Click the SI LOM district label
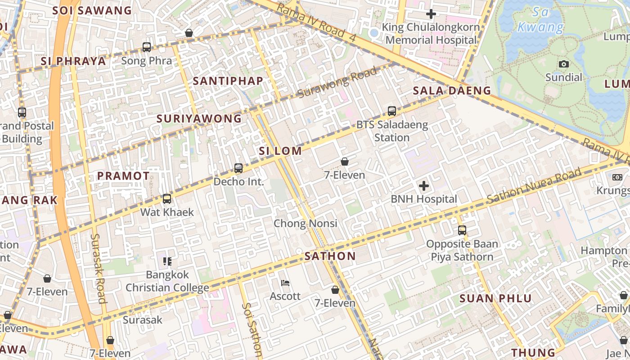click(280, 151)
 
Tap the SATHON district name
click(330, 256)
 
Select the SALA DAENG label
click(452, 90)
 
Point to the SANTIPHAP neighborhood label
click(228, 81)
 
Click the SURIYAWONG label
click(199, 119)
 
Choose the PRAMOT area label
click(123, 176)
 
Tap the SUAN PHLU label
click(495, 298)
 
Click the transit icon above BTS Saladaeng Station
click(392, 111)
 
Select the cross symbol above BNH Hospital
click(423, 186)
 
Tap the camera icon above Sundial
click(563, 64)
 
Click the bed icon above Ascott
click(285, 283)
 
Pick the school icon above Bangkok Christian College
click(167, 261)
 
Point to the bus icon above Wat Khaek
click(167, 198)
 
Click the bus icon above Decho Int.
click(238, 168)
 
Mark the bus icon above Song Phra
click(147, 47)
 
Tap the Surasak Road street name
click(98, 268)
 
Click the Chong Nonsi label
click(305, 223)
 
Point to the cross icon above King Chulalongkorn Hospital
click(431, 14)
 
